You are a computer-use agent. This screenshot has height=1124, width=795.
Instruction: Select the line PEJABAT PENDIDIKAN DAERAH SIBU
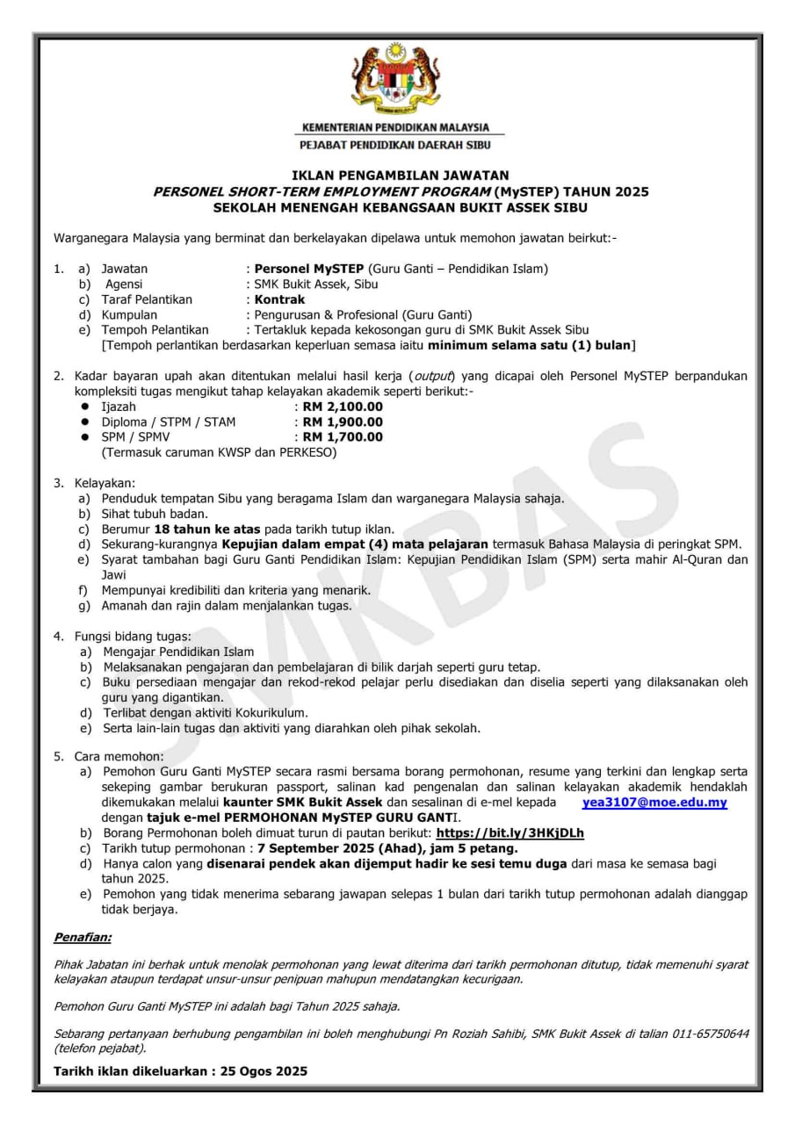coord(395,145)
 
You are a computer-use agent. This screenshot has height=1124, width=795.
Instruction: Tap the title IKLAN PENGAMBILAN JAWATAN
coord(400,176)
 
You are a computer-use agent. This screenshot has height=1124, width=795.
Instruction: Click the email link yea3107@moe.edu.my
coord(654,803)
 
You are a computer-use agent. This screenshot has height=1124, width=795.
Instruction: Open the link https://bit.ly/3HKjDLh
coord(510,832)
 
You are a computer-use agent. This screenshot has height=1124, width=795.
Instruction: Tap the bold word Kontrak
coord(279,299)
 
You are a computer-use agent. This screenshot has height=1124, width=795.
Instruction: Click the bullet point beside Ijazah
coord(84,407)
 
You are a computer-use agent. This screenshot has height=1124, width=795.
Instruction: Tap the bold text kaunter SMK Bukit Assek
coord(303,803)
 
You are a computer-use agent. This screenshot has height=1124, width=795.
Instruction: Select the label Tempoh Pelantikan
coord(155,329)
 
